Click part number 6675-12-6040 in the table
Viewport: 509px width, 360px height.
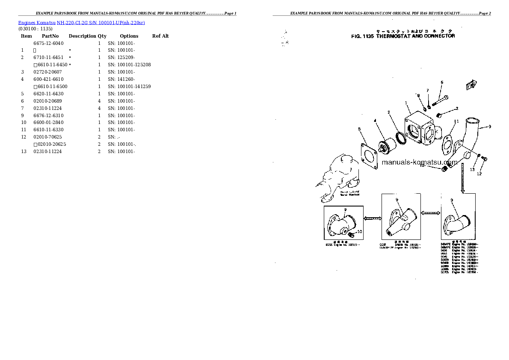pyautogui.click(x=48, y=43)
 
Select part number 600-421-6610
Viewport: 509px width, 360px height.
pyautogui.click(x=48, y=79)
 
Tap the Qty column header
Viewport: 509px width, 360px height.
pyautogui.click(x=102, y=36)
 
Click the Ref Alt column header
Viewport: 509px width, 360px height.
pyautogui.click(x=160, y=36)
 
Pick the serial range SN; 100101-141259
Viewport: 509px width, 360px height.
pyautogui.click(x=129, y=86)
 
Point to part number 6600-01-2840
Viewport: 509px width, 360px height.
pyautogui.click(x=48, y=123)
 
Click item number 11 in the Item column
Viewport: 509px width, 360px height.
pyautogui.click(x=24, y=130)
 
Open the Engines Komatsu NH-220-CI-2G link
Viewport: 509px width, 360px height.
pyautogui.click(x=81, y=23)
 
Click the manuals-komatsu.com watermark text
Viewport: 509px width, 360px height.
pyautogui.click(x=419, y=162)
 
